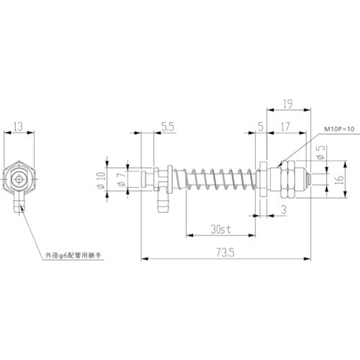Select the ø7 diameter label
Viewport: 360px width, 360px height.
pyautogui.click(x=120, y=180)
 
